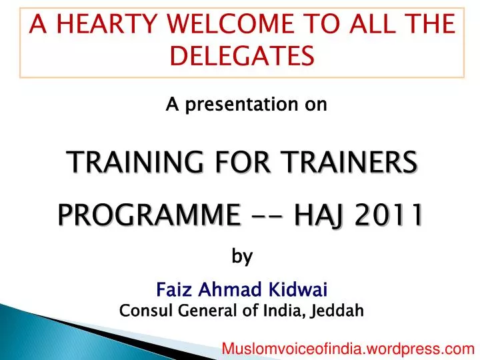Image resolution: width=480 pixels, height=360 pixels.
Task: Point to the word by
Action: click(x=242, y=257)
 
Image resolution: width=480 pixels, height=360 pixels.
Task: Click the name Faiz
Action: click(x=171, y=290)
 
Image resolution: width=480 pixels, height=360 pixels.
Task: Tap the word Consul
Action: click(x=141, y=310)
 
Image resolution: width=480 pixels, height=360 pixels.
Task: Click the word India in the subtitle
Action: click(x=285, y=310)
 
